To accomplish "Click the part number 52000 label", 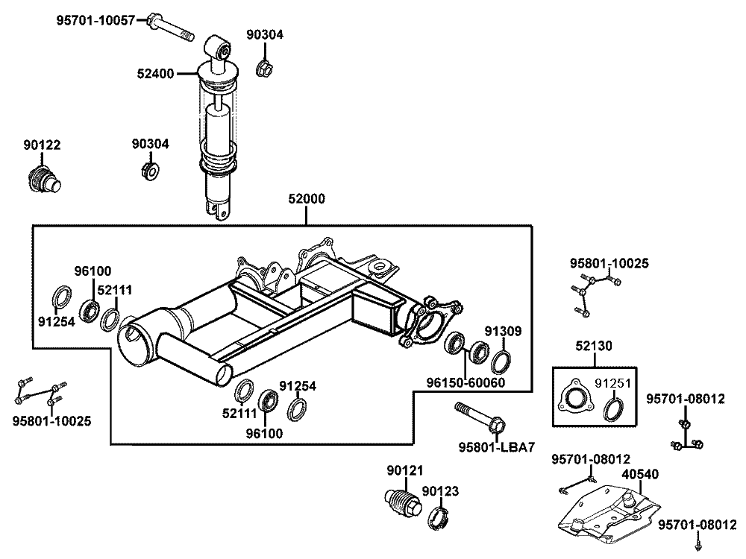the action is coord(307,199).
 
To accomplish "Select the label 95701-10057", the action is coord(95,20).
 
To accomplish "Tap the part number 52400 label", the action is coord(156,74).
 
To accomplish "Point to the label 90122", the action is coord(42,145).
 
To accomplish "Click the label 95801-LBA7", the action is coord(497,447).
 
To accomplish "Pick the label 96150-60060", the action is coord(466,382).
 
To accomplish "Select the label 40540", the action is coord(640,474).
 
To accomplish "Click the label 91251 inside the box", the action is coord(612,383).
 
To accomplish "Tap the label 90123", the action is coord(441,491).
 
